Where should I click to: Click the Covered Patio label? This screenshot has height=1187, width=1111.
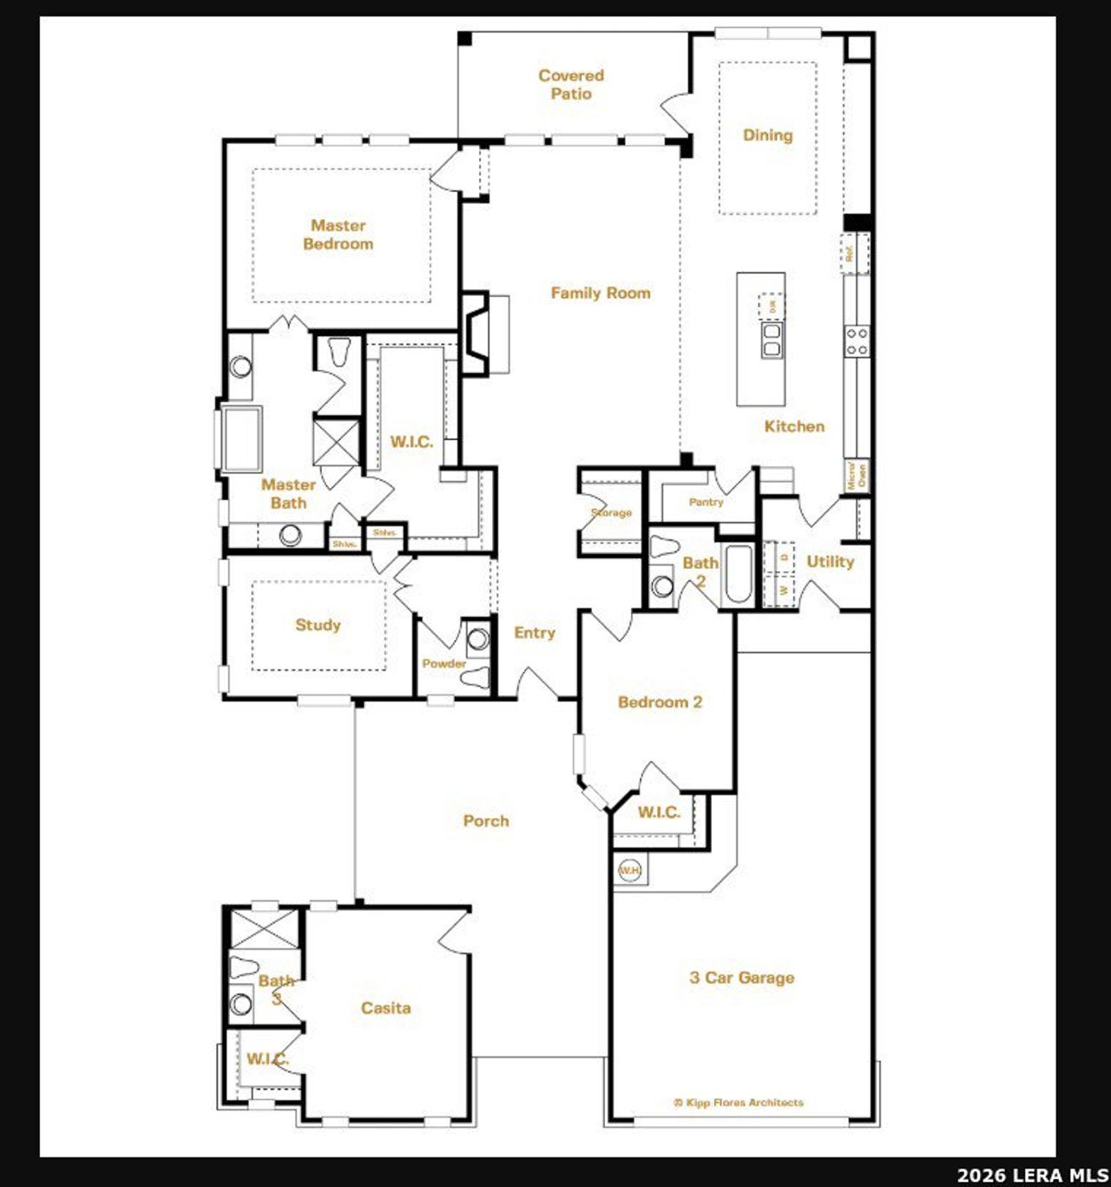(x=571, y=85)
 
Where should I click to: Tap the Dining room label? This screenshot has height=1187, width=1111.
(x=767, y=135)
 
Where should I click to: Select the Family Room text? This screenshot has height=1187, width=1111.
(x=601, y=293)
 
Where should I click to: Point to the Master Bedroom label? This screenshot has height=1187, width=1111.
(x=339, y=235)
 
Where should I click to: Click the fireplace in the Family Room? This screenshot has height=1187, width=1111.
(x=477, y=333)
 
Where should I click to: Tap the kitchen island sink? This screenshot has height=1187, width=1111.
(x=771, y=340)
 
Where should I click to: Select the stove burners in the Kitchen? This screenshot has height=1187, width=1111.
(x=857, y=341)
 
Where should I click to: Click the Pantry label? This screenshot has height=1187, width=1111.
(x=706, y=502)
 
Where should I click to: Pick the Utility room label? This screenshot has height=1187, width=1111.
(x=830, y=562)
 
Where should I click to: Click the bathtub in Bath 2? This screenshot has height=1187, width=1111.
(x=739, y=573)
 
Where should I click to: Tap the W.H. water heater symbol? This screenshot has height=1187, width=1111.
(x=629, y=870)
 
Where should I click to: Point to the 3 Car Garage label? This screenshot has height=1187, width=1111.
(x=742, y=978)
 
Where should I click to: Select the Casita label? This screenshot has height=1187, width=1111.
(x=386, y=1008)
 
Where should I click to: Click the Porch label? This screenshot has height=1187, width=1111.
(x=486, y=821)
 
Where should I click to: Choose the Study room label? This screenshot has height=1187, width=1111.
(x=318, y=625)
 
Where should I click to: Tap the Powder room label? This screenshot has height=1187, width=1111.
(x=444, y=663)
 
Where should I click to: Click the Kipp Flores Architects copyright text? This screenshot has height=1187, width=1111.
(x=739, y=1103)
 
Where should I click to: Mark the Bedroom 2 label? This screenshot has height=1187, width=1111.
(x=660, y=702)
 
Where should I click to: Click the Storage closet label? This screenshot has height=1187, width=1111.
(x=611, y=513)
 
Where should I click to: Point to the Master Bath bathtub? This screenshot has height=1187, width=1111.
(x=241, y=439)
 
